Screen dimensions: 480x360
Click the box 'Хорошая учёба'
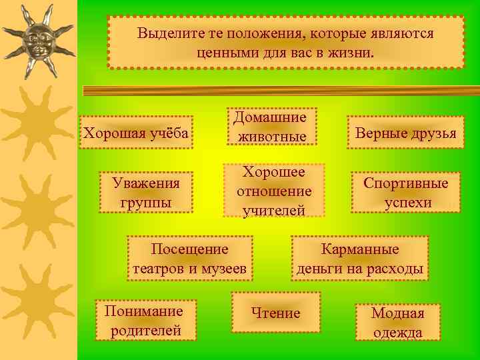coord(136,133)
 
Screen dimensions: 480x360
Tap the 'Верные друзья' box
coord(406,133)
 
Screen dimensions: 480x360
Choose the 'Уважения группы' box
coord(145,192)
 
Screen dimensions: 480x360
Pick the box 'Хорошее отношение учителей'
coord(274,191)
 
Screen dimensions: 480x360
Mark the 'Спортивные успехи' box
coord(406,193)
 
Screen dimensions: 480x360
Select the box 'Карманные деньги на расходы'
coord(360,259)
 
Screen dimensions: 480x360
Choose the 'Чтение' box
coord(275,313)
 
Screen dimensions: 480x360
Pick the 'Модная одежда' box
coord(397,323)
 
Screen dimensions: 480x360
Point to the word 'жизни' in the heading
coord(351,51)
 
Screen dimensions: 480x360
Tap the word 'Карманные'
coord(360,249)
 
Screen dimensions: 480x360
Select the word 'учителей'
coord(274,211)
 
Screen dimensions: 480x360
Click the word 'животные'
coord(270,137)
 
